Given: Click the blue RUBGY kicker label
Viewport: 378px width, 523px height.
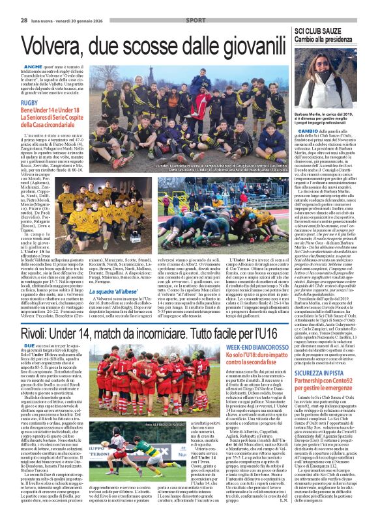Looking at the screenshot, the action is coord(29,103).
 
